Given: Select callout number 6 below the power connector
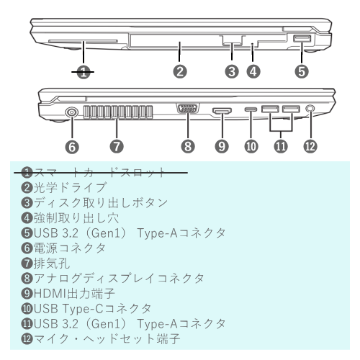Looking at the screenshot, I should pyautogui.click(x=72, y=146).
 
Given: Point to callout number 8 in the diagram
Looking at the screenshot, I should pyautogui.click(x=188, y=146).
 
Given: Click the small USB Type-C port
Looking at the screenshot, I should pyautogui.click(x=250, y=110).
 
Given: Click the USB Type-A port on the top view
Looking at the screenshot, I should pyautogui.click(x=300, y=41).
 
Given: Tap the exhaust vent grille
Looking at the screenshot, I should pyautogui.click(x=116, y=115).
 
